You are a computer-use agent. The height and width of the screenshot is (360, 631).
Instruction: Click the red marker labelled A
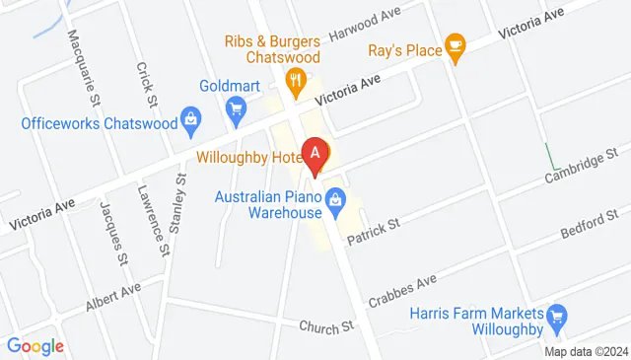point(315,155)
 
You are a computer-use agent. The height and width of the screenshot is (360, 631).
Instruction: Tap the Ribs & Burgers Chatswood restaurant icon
point(293,79)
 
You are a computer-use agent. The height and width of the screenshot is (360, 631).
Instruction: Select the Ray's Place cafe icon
point(455,44)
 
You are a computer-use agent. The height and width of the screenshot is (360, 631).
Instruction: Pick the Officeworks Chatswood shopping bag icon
point(191,124)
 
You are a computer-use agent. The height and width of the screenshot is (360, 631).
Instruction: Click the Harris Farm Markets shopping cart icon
point(557,316)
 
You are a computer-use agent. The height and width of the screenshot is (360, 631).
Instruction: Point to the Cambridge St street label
point(583,165)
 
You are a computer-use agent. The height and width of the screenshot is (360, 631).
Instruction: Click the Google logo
point(35,346)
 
